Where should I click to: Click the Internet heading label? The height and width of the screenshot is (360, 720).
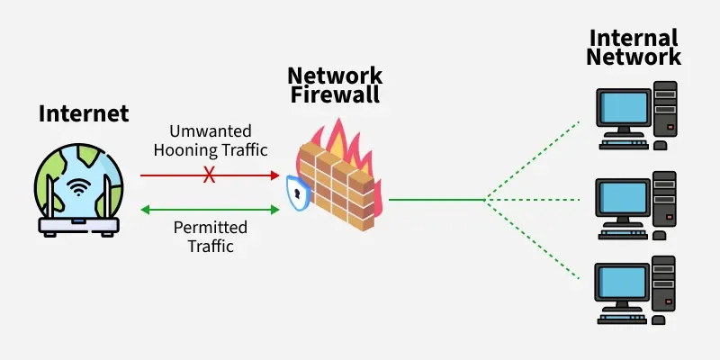pos(84,114)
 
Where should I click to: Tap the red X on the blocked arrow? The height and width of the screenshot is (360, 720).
pos(209,175)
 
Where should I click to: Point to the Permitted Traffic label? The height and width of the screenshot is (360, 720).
pos(210,235)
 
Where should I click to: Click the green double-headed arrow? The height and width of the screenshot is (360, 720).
pos(211,209)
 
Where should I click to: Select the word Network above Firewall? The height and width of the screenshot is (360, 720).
pos(335,76)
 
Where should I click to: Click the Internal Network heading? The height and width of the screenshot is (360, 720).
pos(634,48)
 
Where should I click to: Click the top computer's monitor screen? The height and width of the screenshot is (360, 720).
pos(624,109)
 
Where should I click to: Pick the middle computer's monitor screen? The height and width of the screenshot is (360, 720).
pos(624,197)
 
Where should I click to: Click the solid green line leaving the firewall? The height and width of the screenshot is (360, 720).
pos(436,199)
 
